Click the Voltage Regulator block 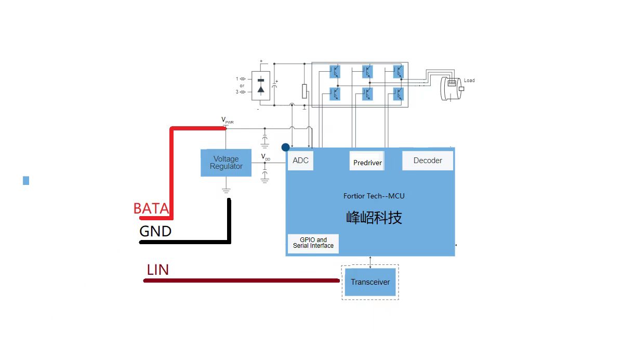tap(226, 163)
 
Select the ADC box tap(300, 161)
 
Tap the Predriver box tap(367, 162)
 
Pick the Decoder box tap(428, 161)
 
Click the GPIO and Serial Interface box tap(313, 243)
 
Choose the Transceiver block tap(370, 282)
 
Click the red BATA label tap(151, 209)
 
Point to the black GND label tap(155, 231)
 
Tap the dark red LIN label tap(158, 270)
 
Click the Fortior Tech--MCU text tap(374, 196)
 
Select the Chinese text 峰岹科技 tap(374, 217)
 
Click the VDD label tap(265, 157)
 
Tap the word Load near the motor tap(469, 81)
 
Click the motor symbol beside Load tap(450, 87)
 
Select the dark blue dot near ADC tap(285, 148)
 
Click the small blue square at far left tap(26, 181)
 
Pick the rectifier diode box tap(261, 86)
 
